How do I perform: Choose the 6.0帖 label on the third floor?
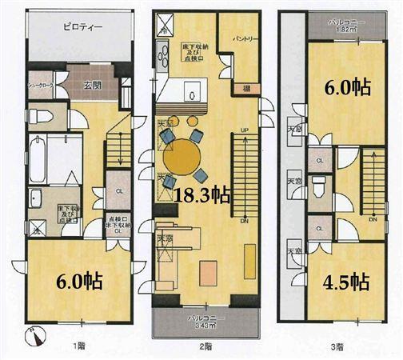(x=345, y=86)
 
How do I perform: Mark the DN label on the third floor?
(x=373, y=218)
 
